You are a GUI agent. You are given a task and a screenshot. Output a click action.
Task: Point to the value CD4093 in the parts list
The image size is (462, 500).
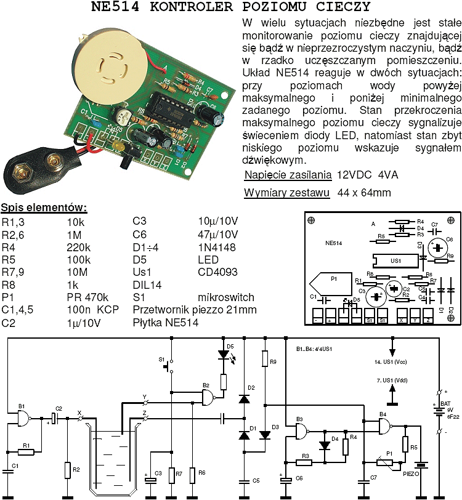tap(218, 272)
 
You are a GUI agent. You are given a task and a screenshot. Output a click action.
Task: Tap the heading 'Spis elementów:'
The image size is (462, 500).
tap(44, 207)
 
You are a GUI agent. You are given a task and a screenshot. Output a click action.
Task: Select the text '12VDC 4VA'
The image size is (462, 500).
tap(367, 175)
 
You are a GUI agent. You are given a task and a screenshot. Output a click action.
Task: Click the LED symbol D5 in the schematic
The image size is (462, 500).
tap(223, 355)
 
